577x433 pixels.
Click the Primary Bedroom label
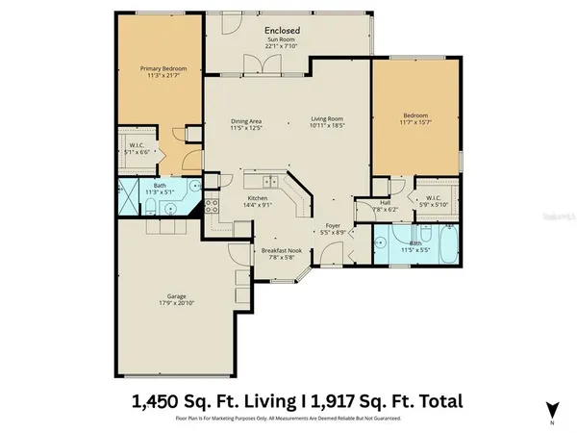pyautogui.click(x=162, y=69)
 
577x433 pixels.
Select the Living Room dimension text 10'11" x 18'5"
pyautogui.click(x=327, y=127)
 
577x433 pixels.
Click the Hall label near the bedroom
pyautogui.click(x=385, y=203)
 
